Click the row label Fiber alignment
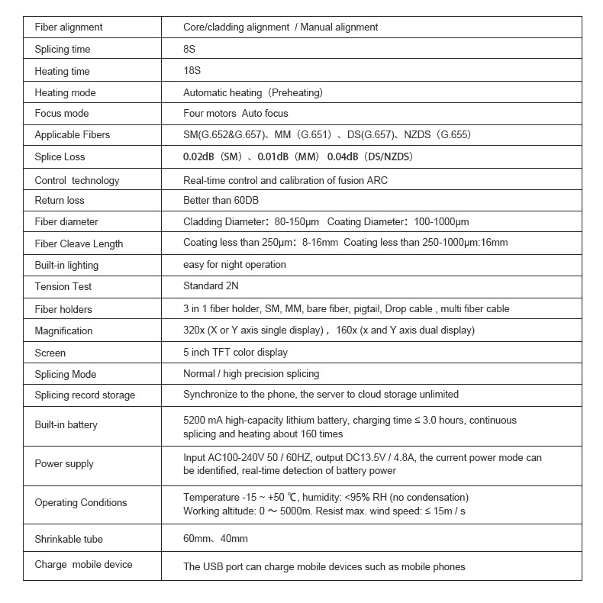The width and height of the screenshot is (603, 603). [69, 27]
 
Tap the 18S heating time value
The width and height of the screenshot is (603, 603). [192, 72]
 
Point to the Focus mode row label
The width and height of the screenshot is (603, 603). [62, 114]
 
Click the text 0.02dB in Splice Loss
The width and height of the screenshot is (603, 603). [198, 157]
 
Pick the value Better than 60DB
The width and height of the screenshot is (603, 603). [221, 201]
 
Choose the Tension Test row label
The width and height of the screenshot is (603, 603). [63, 287]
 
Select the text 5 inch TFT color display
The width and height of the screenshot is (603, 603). [235, 353]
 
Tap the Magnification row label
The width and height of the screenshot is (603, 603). [63, 331]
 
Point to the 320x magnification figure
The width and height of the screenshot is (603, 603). [194, 331]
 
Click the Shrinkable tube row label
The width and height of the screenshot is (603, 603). [69, 540]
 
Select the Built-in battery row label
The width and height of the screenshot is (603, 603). [66, 425]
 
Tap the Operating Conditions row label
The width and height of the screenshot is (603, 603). [81, 503]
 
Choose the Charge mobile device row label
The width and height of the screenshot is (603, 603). [84, 565]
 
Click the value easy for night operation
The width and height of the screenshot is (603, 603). [234, 265]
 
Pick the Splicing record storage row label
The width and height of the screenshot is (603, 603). [85, 395]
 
